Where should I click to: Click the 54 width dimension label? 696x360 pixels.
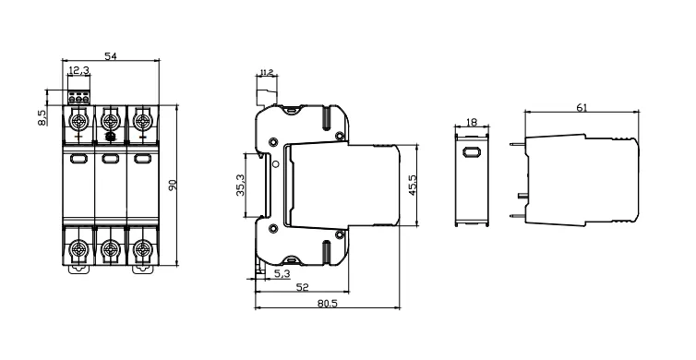(x=111, y=56)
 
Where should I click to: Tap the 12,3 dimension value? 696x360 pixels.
(x=79, y=70)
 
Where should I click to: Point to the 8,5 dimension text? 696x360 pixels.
(x=42, y=117)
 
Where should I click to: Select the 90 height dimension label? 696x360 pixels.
(x=173, y=186)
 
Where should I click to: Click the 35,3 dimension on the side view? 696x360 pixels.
(x=240, y=185)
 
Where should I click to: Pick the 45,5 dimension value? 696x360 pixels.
(x=413, y=185)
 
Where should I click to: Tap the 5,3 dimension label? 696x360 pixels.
(x=282, y=274)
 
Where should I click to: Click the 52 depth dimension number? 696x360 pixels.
(x=302, y=288)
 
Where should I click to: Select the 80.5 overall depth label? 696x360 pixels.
(x=328, y=303)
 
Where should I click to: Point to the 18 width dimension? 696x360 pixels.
(x=472, y=122)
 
